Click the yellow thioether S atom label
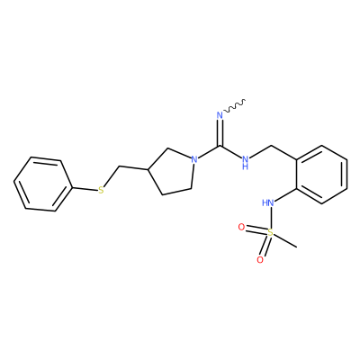pos(101,190)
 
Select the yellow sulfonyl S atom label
pos(270,232)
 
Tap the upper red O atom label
pos(241,227)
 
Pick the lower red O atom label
pos(260,259)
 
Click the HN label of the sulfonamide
pos(267,203)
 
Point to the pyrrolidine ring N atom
pos(194,158)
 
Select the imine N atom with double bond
pos(220,115)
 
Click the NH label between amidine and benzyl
pos(245,162)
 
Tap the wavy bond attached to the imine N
pos(235,106)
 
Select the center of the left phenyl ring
pos(43,184)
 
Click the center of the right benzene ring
pos(322,175)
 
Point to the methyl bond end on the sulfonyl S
pos(297,247)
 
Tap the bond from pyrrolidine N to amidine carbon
pos(210,152)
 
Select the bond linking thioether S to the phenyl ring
pos(85,188)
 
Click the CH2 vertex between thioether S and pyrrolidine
pos(120,166)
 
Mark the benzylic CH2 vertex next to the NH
pos(271,146)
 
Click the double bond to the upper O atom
pos(256,229)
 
